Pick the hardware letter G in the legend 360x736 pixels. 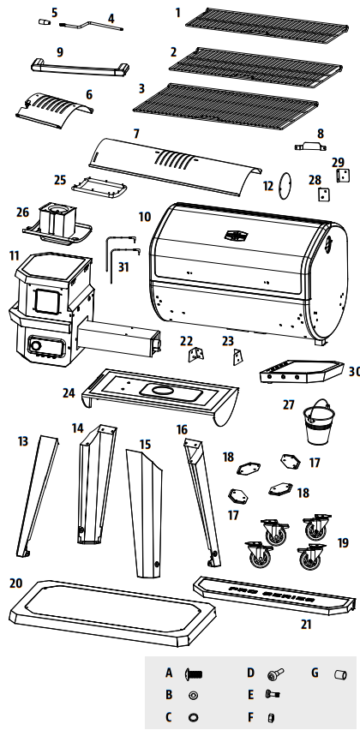315,673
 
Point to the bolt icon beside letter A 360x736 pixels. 193,674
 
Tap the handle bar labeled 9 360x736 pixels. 80,67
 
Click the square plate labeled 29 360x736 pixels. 343,175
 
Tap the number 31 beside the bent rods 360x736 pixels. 125,266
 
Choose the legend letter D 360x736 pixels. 251,673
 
